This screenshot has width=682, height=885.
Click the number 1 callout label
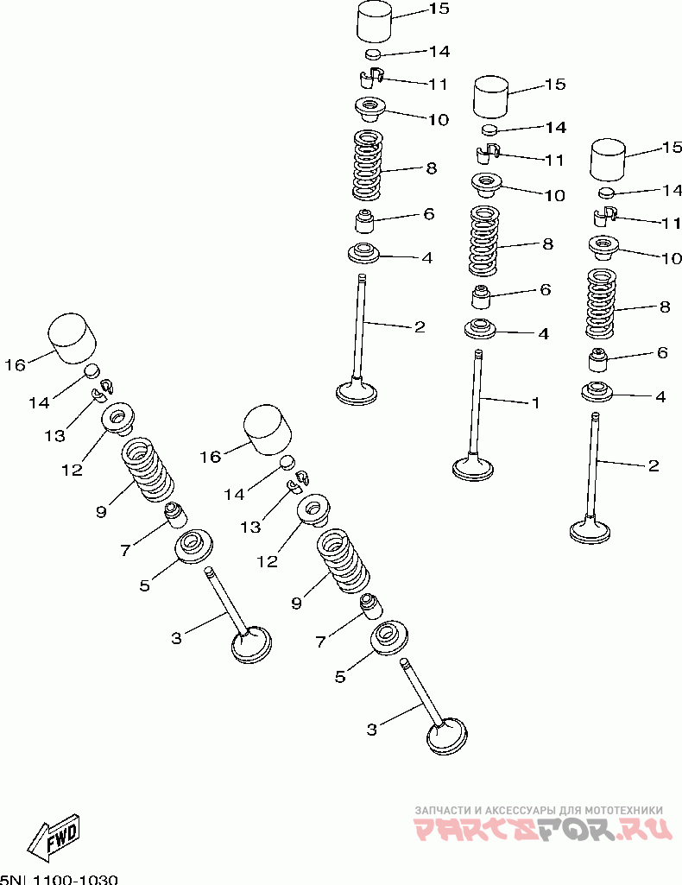(535, 403)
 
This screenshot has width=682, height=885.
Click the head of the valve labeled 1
(473, 468)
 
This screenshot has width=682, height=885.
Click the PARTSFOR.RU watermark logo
(543, 830)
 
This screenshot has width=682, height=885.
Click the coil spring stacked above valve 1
(484, 241)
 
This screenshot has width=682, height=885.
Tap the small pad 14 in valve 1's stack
(490, 130)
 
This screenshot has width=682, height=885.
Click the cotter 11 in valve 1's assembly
(486, 154)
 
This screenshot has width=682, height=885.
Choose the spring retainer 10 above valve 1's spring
(486, 185)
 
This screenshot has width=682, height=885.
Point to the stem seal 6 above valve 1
(481, 297)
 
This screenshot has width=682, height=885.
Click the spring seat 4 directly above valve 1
(480, 328)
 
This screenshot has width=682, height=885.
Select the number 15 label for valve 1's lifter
(555, 84)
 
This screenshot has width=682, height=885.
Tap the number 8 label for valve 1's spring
(547, 244)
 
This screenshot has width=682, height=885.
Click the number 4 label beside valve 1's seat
(543, 333)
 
